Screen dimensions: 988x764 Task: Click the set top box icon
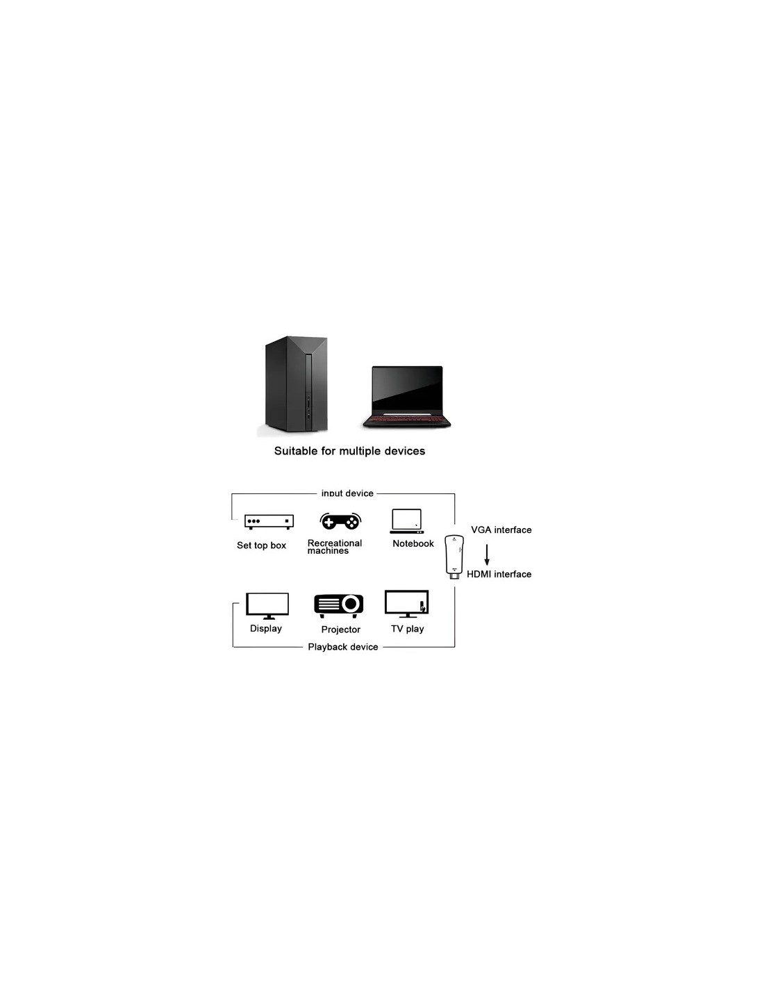coord(269,522)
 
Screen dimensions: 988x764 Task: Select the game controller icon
coord(340,521)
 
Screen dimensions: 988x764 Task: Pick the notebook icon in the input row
coord(407,521)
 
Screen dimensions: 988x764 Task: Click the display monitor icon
coord(268,606)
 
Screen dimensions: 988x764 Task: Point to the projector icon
coord(339,606)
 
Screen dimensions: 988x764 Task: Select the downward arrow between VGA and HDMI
coord(487,554)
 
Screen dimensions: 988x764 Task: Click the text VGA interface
coord(501,530)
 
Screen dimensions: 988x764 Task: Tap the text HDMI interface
coord(499,575)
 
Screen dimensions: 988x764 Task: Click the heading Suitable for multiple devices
coord(349,451)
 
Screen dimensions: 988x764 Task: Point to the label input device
coord(347,493)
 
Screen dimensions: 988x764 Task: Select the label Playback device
coord(343,647)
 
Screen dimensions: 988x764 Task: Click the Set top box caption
coord(261,545)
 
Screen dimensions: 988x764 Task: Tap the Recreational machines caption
coord(334,547)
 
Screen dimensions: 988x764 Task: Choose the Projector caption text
coord(340,629)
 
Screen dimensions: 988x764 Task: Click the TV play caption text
coord(407,629)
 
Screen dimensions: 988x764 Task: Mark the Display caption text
coord(266,629)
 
